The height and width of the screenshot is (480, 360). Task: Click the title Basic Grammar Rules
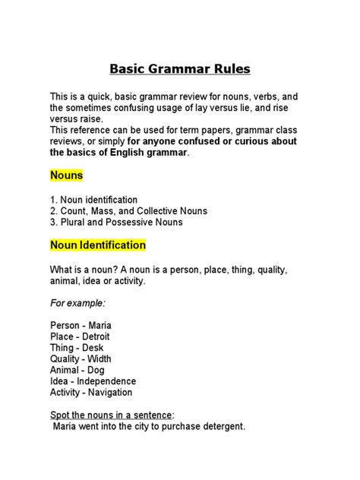(180, 69)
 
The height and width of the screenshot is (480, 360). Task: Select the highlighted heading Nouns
(66, 175)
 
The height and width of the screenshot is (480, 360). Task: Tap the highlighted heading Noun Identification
(98, 245)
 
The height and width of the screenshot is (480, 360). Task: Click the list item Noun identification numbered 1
(93, 199)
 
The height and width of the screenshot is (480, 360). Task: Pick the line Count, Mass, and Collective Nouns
(128, 210)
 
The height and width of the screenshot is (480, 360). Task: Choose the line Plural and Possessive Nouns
(116, 223)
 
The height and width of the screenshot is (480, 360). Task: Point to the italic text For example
(77, 302)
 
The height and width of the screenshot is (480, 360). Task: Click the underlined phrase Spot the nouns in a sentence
(110, 415)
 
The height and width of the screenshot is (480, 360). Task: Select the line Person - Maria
(81, 325)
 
